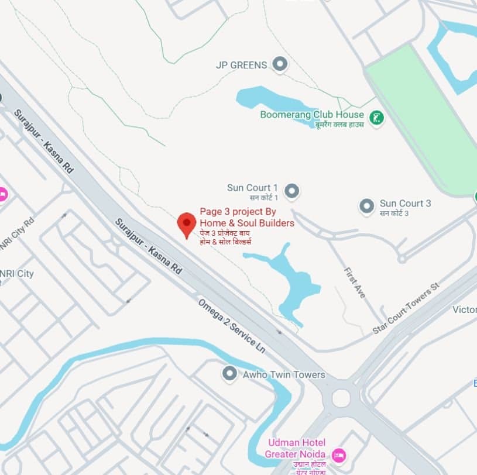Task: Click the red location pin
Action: tap(187, 224)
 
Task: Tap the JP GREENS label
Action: tap(241, 65)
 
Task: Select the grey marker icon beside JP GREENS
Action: tap(281, 64)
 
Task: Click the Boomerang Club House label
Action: tap(312, 115)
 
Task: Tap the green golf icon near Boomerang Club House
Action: tap(378, 118)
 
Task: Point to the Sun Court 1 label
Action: tap(252, 188)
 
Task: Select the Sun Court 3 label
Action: tap(405, 204)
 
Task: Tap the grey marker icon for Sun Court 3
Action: tap(367, 206)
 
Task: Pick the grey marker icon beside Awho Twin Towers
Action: tap(230, 373)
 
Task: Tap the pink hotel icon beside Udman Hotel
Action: tap(338, 455)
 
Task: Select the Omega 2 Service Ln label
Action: tap(231, 325)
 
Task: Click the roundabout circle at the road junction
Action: tap(341, 398)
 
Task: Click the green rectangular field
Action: tap(421, 117)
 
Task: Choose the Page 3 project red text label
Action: tap(247, 217)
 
